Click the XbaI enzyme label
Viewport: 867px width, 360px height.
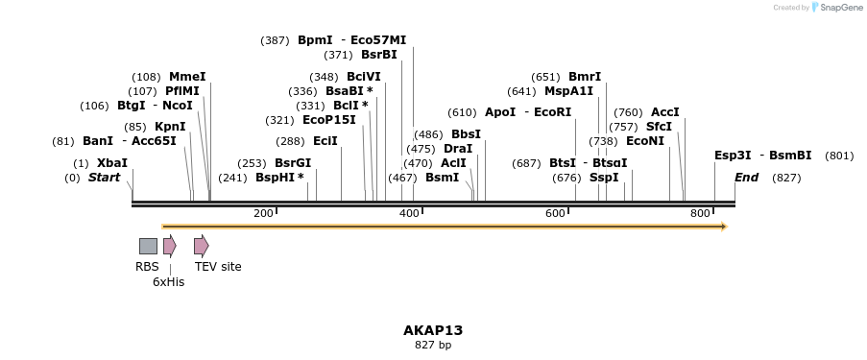click(x=112, y=163)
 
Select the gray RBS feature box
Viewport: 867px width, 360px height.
click(x=148, y=246)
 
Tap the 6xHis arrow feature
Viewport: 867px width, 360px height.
click(x=169, y=246)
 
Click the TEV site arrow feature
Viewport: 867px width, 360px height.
click(x=201, y=246)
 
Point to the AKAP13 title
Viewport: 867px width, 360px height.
click(x=433, y=330)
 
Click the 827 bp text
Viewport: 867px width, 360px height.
click(x=433, y=345)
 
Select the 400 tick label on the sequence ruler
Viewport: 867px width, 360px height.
click(x=409, y=213)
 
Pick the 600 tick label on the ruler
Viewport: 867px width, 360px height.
click(x=555, y=213)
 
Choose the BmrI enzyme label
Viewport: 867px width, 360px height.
click(x=585, y=77)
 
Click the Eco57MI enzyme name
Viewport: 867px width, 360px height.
click(x=378, y=40)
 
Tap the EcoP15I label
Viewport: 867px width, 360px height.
click(x=329, y=120)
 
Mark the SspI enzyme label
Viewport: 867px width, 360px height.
click(x=605, y=178)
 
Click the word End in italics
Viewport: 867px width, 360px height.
click(x=746, y=178)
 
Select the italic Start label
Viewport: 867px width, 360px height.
click(x=105, y=178)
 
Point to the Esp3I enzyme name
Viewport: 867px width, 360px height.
click(x=733, y=156)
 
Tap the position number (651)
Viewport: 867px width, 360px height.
click(x=545, y=77)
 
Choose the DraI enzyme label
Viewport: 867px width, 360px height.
click(x=458, y=149)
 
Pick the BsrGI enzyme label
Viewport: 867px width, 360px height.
click(x=293, y=163)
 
